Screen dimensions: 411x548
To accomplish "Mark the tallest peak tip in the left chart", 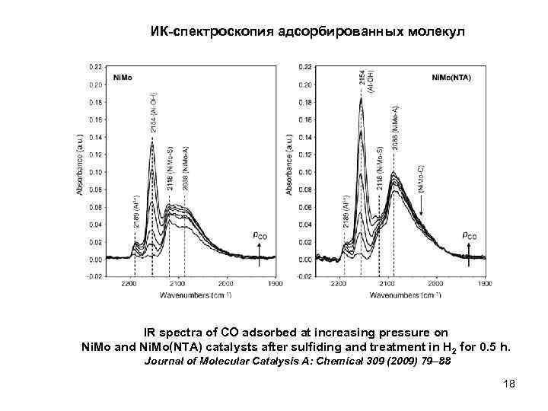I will tap(153, 145).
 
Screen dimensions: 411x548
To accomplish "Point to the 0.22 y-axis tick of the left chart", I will tap(97, 66).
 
